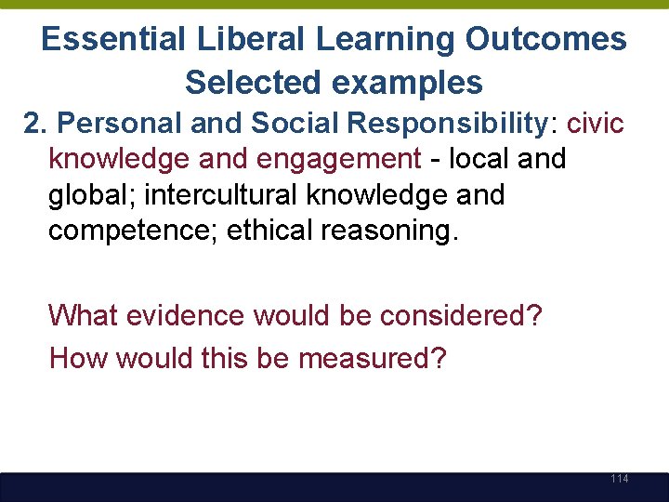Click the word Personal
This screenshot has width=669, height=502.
pos(118,124)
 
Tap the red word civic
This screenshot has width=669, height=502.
pos(595,124)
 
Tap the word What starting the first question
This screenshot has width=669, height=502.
pos(84,315)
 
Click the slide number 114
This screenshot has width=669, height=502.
pos(620,479)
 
